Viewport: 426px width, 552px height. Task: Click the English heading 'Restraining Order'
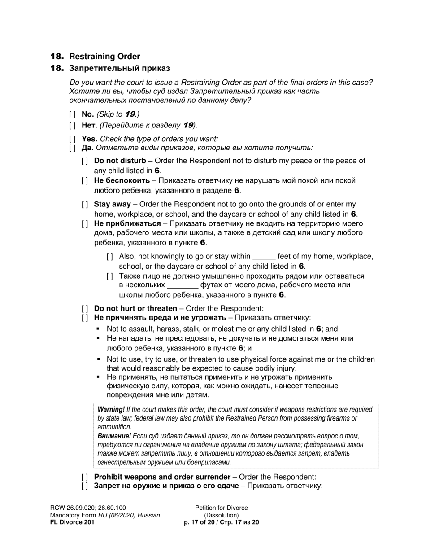104,57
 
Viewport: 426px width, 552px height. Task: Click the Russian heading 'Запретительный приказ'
119,68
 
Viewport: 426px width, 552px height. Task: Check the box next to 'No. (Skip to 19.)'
73,114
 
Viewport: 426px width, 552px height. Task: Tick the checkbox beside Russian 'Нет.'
73,125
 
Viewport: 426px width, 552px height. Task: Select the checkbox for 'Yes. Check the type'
73,139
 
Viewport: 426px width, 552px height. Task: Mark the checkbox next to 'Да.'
73,148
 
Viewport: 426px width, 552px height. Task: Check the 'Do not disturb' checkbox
85,161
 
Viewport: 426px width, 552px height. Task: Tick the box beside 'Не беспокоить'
85,181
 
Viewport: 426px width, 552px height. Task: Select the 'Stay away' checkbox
85,205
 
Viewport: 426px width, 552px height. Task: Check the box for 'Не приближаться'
85,223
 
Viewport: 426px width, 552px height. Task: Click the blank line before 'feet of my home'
264,257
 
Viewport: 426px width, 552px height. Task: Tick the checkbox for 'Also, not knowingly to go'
110,257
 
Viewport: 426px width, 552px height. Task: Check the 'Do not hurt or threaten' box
85,308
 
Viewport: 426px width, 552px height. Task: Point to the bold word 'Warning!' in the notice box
111,409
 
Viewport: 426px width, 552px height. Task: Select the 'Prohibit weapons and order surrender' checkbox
85,477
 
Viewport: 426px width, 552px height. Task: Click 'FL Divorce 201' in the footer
72,522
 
